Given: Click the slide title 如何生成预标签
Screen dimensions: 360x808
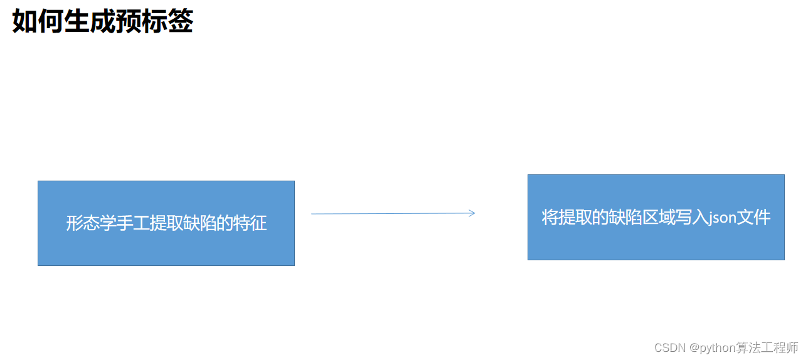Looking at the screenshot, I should (103, 21).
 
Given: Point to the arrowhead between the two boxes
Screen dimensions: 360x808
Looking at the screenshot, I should (472, 213).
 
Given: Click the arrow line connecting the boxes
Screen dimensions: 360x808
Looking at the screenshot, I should (389, 214).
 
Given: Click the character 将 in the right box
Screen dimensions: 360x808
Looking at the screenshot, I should (550, 218).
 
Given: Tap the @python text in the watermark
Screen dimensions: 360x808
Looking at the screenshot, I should (712, 348).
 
